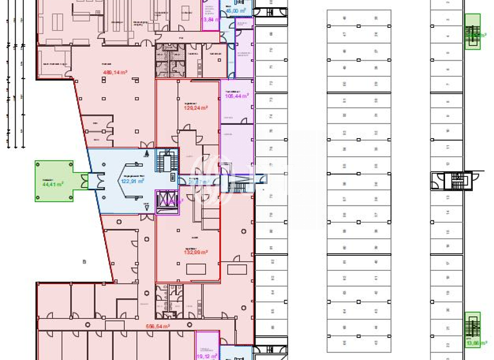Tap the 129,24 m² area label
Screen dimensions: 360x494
[196, 108]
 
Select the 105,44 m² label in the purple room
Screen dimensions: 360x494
[236, 96]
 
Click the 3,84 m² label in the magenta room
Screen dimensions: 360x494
[210, 19]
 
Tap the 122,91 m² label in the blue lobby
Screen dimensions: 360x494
[133, 181]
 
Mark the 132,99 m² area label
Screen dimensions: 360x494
[196, 253]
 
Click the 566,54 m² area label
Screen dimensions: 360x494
[158, 327]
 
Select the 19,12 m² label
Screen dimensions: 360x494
[206, 355]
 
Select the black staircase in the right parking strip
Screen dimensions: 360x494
[457, 181]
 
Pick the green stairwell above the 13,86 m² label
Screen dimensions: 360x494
[473, 325]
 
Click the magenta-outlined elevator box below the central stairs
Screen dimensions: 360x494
[169, 199]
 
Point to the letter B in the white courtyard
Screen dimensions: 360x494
[84, 262]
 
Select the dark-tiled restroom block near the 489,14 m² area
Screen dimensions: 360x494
[170, 63]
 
